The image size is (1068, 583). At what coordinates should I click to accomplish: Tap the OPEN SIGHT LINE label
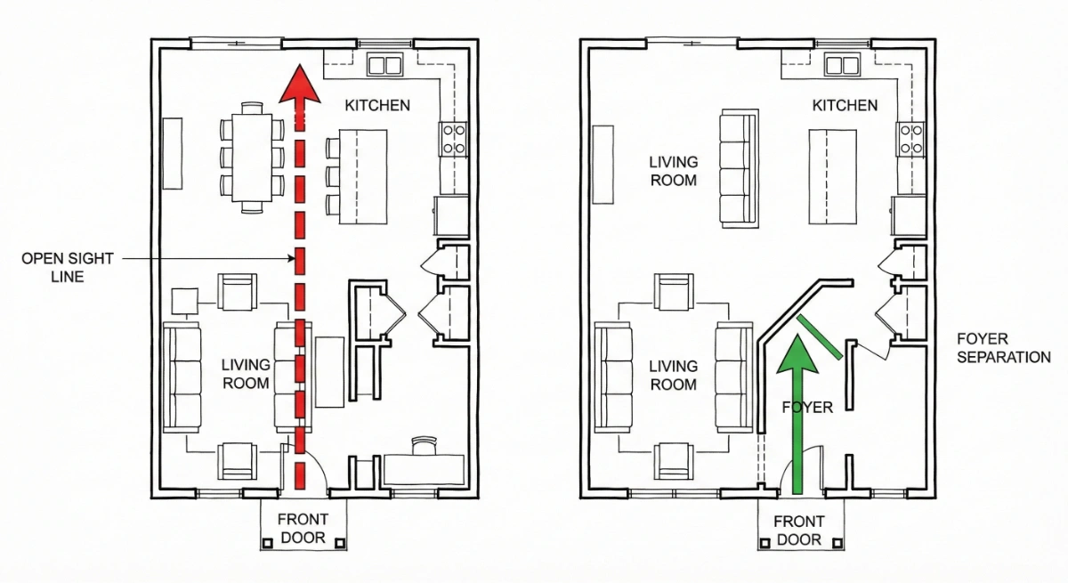[68, 267]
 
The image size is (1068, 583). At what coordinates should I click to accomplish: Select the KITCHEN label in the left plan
[377, 105]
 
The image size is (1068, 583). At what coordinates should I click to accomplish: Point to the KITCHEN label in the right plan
[845, 105]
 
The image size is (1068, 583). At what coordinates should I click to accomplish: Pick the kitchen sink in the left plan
[386, 64]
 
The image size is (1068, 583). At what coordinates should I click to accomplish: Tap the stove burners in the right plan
[910, 139]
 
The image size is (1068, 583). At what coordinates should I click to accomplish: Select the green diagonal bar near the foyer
[819, 336]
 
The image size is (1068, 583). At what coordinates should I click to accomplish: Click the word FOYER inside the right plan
[808, 408]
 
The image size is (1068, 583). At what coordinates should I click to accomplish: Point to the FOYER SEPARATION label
[1003, 348]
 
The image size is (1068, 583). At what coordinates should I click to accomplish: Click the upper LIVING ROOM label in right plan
[673, 171]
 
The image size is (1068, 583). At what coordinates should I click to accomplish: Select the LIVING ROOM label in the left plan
[245, 375]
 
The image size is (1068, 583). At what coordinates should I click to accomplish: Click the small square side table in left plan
[185, 302]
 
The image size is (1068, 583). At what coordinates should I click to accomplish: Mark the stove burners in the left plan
[454, 139]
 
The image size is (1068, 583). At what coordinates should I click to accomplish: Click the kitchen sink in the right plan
[839, 64]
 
